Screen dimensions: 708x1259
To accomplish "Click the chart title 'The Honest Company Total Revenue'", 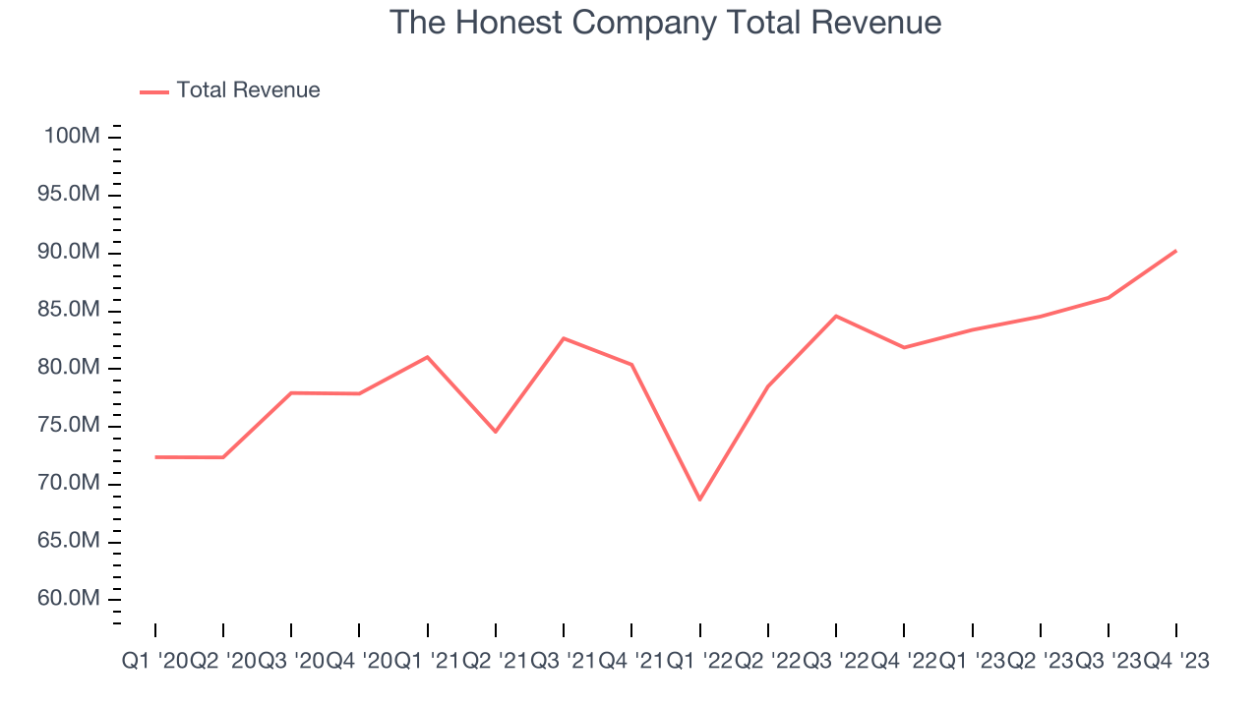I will click(666, 23).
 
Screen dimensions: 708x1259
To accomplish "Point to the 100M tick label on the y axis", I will click(72, 136).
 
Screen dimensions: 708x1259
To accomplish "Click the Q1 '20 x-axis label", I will click(154, 662).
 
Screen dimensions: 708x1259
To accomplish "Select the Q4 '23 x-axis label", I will click(1175, 662).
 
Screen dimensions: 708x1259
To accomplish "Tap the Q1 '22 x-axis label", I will click(699, 662).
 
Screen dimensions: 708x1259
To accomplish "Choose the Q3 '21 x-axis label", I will click(564, 662).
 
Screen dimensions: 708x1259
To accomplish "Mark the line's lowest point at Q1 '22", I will click(699, 500).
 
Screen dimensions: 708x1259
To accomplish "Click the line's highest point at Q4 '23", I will click(1175, 251).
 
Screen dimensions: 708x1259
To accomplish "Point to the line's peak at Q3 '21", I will click(564, 338).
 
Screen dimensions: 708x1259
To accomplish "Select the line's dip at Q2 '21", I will click(496, 432).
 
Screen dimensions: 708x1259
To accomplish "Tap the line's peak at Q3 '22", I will click(836, 316).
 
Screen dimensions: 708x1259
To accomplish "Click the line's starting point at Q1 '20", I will click(155, 457).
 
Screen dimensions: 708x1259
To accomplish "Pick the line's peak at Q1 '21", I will click(427, 357).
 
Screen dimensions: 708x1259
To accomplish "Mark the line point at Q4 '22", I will click(904, 347).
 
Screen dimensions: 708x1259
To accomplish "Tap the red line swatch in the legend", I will click(154, 91).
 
